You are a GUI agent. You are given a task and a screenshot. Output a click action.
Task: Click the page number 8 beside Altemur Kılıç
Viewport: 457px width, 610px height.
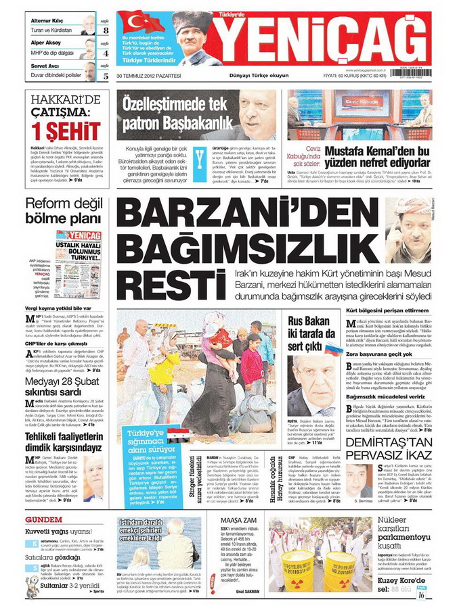point(106,30)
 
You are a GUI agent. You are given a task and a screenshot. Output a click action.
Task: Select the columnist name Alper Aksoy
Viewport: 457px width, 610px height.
point(45,42)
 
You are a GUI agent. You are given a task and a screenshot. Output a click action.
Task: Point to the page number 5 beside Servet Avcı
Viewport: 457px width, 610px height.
point(106,76)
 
